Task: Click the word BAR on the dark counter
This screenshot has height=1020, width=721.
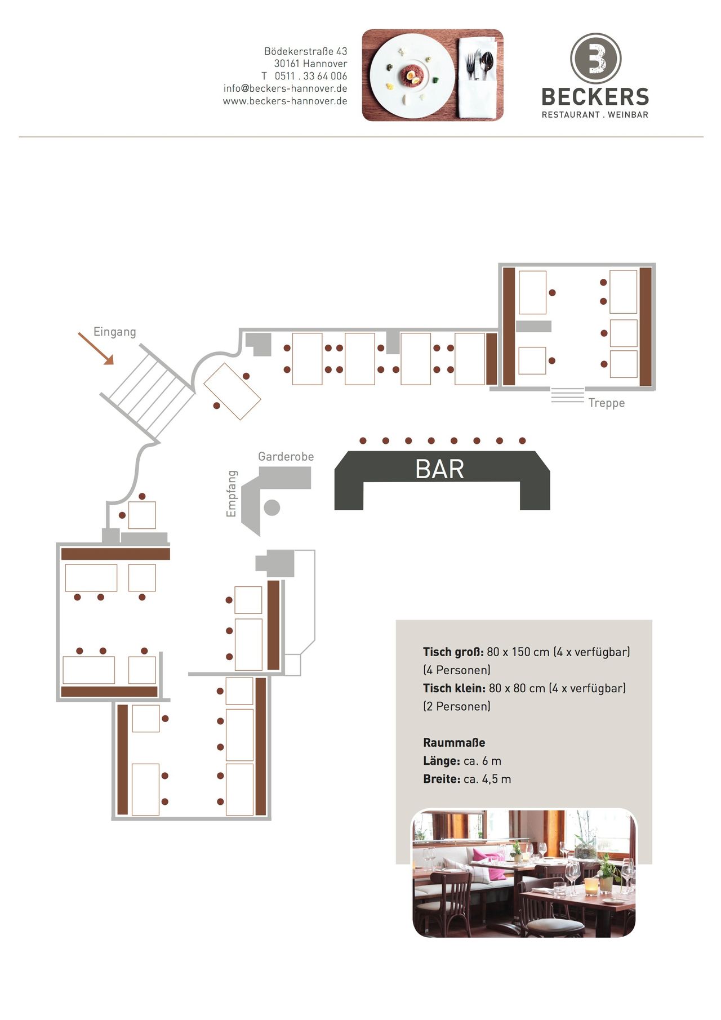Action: tap(439, 469)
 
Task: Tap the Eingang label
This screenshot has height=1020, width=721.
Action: tap(114, 332)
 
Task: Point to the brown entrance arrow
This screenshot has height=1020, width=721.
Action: tap(96, 348)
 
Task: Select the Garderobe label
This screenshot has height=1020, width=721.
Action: tap(286, 456)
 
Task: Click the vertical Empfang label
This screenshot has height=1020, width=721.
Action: tap(231, 493)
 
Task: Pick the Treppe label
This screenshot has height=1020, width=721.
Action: tap(606, 403)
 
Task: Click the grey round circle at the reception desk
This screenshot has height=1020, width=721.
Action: tap(272, 507)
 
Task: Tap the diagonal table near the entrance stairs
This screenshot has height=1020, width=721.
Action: tap(232, 391)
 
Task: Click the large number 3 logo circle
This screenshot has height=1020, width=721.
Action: tap(595, 59)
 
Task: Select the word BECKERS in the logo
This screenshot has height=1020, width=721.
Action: tap(595, 97)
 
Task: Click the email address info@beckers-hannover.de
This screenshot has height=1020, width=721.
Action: tap(285, 88)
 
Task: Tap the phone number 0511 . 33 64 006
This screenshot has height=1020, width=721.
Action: tap(310, 76)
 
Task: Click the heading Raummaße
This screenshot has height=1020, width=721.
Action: tap(454, 742)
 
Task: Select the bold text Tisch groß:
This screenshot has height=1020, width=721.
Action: tap(453, 652)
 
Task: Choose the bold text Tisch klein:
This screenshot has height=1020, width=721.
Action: tap(454, 688)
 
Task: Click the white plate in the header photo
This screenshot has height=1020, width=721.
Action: tap(412, 75)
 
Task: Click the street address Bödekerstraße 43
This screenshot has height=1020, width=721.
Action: tap(305, 51)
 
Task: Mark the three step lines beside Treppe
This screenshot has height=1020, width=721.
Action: tap(567, 395)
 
